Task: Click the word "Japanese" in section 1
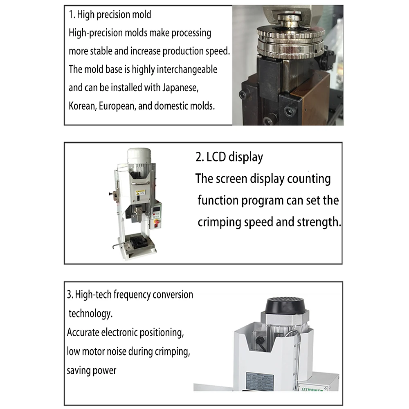pos(182,88)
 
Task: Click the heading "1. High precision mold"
pos(110,15)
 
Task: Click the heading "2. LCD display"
pos(229,157)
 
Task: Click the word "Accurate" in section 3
pos(83,332)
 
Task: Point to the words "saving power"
pos(92,370)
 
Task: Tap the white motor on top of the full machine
pos(138,156)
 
